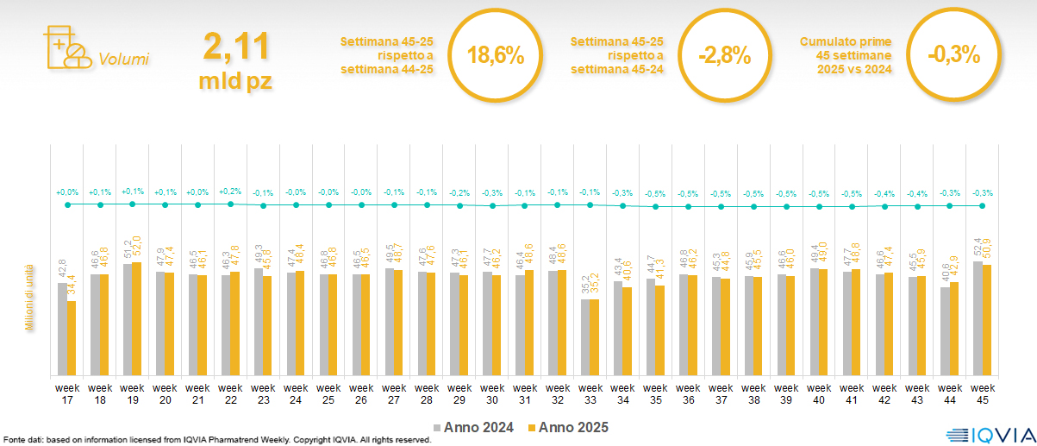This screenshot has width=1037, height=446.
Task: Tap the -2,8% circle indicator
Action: [x=725, y=55]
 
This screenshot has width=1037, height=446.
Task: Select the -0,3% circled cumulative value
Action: [x=954, y=55]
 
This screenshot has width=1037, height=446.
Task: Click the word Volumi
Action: [x=124, y=60]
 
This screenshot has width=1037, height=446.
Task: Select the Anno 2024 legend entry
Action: [x=474, y=427]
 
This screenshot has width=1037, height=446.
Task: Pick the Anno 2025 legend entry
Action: [x=568, y=427]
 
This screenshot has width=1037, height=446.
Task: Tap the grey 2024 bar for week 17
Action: [x=62, y=329]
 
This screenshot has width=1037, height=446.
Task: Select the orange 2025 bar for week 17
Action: [x=72, y=338]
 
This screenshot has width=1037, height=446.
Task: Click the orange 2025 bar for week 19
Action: [x=137, y=318]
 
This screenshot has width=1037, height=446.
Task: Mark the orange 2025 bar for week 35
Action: [x=660, y=330]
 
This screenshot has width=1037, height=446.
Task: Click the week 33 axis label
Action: [x=590, y=393]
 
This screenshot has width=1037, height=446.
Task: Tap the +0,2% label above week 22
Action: [x=231, y=192]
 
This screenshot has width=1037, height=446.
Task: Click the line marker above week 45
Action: [x=983, y=205]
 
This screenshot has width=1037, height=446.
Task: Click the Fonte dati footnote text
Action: [x=216, y=440]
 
